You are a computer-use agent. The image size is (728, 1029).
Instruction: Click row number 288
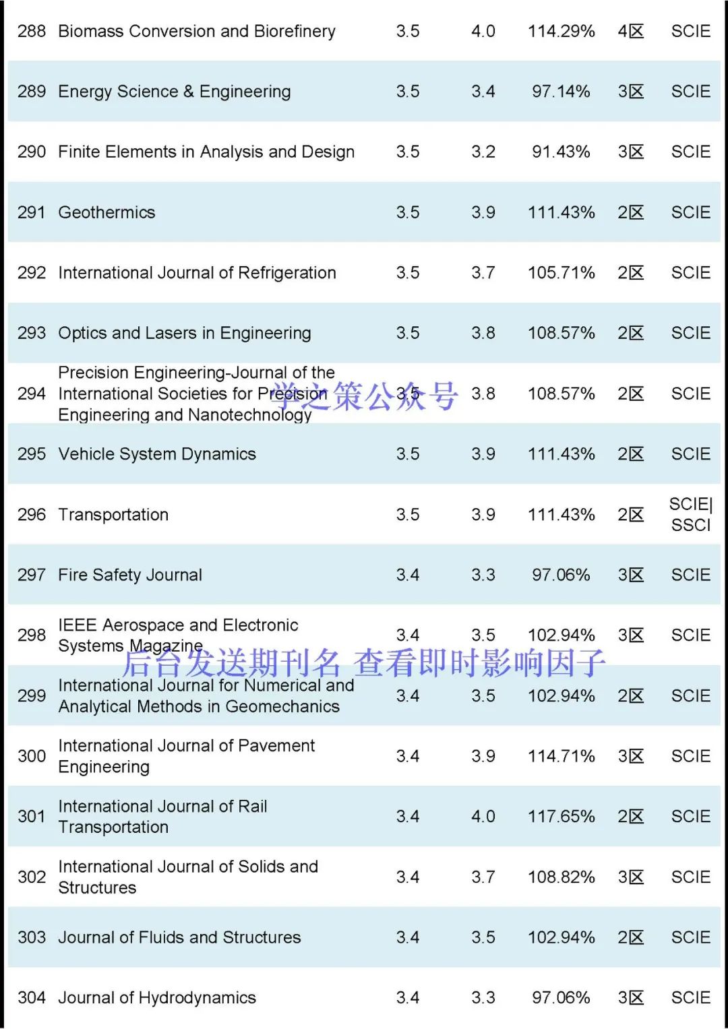click(x=32, y=31)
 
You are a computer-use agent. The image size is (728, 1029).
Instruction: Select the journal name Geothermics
click(x=107, y=212)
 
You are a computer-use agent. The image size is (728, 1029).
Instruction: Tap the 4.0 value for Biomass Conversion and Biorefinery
click(x=483, y=31)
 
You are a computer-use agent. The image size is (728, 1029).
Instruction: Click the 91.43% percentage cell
click(x=561, y=152)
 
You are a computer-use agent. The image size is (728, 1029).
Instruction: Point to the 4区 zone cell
click(x=631, y=31)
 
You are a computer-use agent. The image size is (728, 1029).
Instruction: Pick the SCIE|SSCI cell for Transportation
click(x=691, y=514)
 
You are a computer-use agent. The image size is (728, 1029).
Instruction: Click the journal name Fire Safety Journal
click(x=130, y=575)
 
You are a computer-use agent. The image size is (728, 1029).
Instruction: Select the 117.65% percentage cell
click(x=561, y=816)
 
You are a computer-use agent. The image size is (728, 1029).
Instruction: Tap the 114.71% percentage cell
click(x=561, y=756)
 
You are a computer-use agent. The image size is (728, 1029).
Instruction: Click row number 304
click(x=32, y=997)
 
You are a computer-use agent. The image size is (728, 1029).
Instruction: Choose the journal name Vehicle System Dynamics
click(x=157, y=454)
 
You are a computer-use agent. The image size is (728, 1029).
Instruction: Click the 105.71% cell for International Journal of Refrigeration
click(x=561, y=273)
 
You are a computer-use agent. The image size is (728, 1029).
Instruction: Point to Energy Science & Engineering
click(x=175, y=92)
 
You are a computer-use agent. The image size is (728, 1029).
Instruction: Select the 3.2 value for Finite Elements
click(x=483, y=152)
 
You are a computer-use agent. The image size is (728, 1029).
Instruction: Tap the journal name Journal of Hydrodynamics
click(x=157, y=997)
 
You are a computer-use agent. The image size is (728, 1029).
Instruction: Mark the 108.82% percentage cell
click(x=561, y=877)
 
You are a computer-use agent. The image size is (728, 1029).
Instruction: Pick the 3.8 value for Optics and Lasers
click(x=483, y=333)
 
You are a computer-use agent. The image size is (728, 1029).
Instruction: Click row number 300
click(x=32, y=756)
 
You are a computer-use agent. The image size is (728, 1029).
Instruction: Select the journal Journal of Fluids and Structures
click(x=179, y=937)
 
